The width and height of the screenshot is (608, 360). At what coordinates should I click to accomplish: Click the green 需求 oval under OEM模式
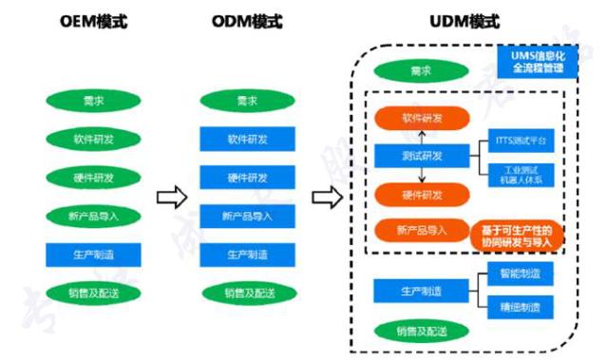pos(93,101)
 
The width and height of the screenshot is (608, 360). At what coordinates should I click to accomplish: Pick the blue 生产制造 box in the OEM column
pos(93,255)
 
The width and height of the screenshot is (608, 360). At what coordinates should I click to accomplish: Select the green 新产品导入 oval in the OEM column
pos(93,216)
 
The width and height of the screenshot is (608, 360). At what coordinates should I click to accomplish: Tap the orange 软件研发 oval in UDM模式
pos(423,119)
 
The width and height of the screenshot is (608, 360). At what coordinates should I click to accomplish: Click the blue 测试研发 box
pos(423,156)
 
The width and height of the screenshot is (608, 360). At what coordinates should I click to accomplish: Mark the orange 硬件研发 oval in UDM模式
pos(423,195)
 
